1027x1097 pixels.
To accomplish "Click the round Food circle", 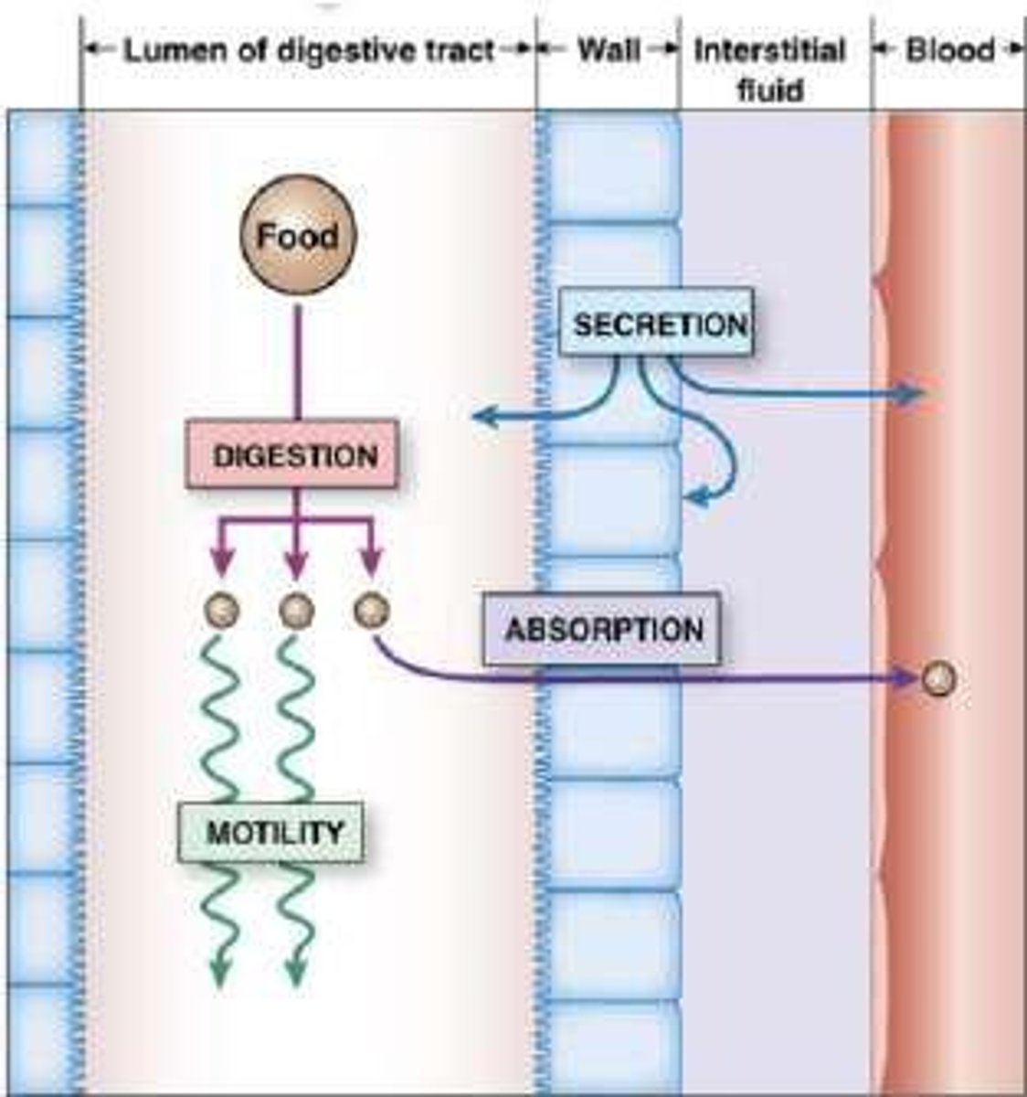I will coord(296,237).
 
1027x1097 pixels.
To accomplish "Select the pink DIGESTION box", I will coord(293,454).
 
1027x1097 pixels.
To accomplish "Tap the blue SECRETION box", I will coord(657,323).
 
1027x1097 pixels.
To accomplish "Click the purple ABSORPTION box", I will coord(602,629).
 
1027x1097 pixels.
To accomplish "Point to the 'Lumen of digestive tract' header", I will coord(308,50).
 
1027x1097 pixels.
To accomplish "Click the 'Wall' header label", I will coord(608,50).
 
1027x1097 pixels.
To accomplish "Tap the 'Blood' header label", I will coord(948,50).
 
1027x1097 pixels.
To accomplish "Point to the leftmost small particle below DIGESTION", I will coord(220,607).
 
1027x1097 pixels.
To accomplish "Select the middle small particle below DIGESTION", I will coord(294,607).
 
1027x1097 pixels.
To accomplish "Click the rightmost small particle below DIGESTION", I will coord(370,607).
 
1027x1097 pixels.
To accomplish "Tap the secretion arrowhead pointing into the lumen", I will coord(482,418).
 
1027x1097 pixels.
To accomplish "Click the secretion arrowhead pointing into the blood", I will coord(916,394).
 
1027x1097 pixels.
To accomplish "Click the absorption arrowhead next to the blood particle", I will coord(910,679).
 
